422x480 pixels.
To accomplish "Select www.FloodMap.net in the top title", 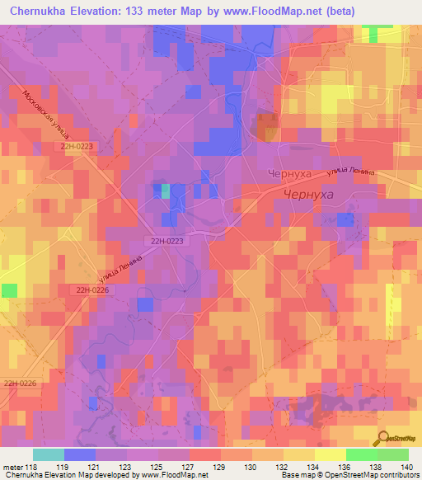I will [x=299, y=12].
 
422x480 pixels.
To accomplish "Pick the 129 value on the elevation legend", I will [x=218, y=466].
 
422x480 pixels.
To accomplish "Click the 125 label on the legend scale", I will [x=157, y=466].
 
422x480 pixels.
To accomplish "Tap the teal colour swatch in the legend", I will [x=49, y=454].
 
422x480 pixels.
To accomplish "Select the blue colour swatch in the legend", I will [x=79, y=454].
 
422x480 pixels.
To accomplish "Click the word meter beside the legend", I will [x=12, y=466].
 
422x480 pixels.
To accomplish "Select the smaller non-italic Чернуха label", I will [x=289, y=175].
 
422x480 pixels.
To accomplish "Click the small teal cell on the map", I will [x=165, y=191].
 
